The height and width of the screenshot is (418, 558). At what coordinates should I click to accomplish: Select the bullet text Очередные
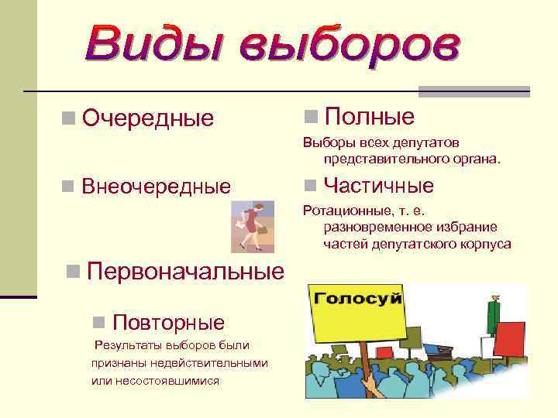pos(147,118)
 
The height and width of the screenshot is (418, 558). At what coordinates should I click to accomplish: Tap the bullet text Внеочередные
pos(156,187)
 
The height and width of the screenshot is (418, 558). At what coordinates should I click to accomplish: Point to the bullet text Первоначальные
pos(185,272)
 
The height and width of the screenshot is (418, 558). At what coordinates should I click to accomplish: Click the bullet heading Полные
pos(369,117)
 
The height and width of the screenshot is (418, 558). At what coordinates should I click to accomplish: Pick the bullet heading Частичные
pos(378,186)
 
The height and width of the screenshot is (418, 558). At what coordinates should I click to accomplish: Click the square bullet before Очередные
pos(69,118)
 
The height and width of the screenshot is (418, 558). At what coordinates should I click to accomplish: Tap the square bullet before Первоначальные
pos(73,271)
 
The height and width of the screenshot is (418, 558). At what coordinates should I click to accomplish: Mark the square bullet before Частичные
pos(310,186)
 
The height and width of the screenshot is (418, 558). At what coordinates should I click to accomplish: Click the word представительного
pos(375,159)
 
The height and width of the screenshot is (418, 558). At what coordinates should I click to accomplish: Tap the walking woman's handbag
pos(262,231)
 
